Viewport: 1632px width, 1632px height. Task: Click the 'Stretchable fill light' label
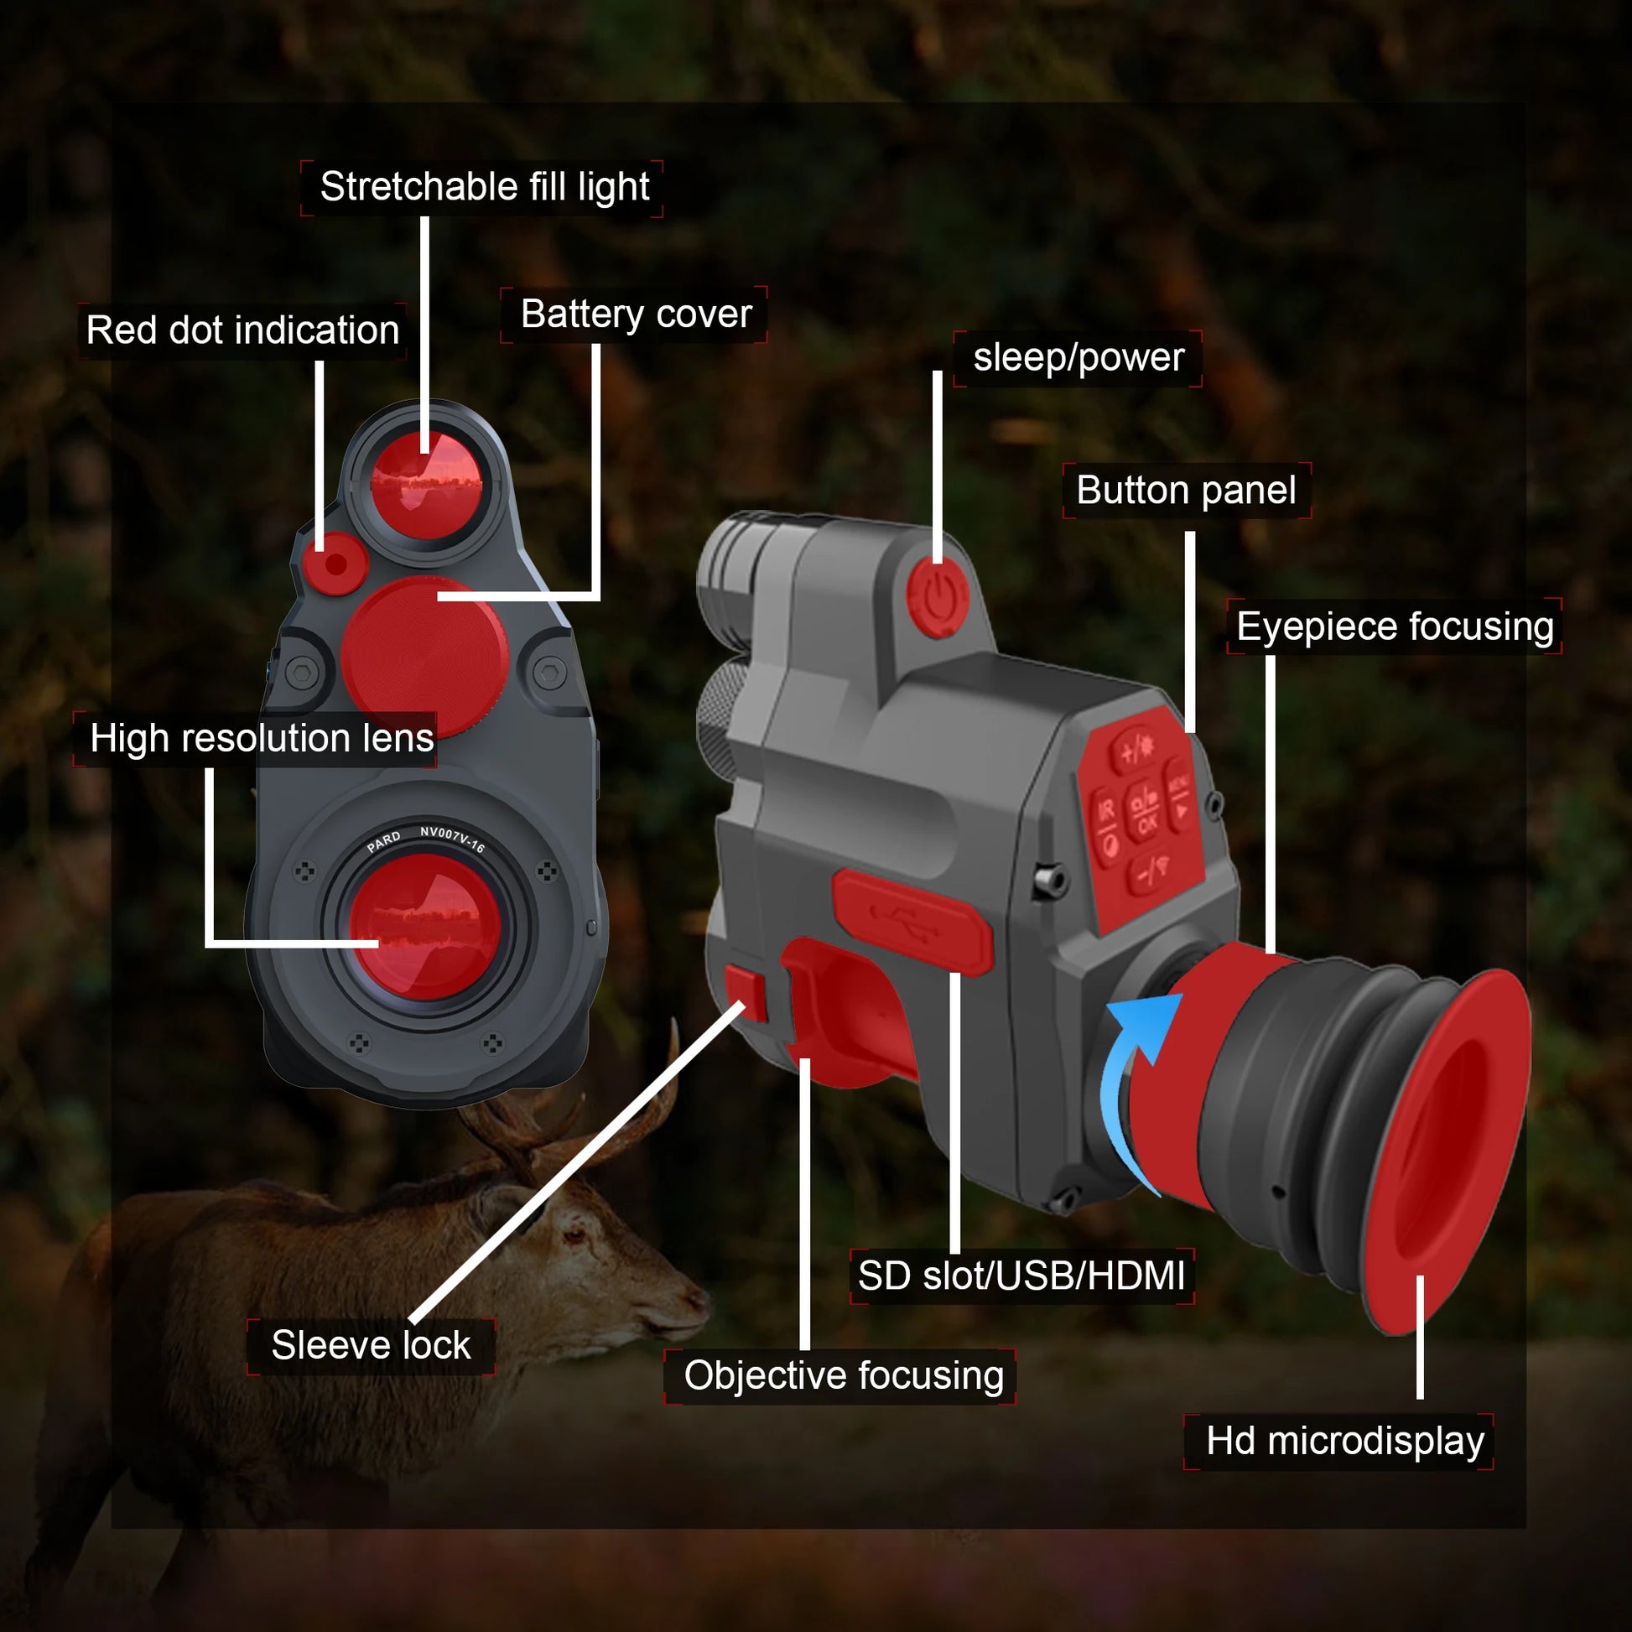[x=484, y=187]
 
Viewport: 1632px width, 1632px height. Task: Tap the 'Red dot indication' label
[x=242, y=330]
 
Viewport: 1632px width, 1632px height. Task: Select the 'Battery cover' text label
[x=635, y=314]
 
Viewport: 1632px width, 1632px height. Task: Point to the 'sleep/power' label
[x=1078, y=357]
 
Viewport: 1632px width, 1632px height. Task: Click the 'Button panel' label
[x=1186, y=490]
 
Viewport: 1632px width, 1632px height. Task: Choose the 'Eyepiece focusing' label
[x=1395, y=626]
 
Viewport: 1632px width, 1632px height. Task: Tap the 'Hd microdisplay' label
[x=1345, y=1440]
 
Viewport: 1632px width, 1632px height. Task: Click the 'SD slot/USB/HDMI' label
[x=1021, y=1276]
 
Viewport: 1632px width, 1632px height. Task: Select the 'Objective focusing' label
[x=843, y=1375]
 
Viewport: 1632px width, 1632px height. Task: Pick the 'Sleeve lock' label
[x=371, y=1345]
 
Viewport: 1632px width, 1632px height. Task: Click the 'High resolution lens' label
[x=262, y=738]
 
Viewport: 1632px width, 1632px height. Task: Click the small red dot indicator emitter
[x=335, y=564]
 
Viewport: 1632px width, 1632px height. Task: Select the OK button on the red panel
[x=1146, y=814]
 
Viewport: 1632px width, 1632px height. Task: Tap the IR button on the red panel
[x=1106, y=813]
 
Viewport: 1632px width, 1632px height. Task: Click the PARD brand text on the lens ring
[x=384, y=842]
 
